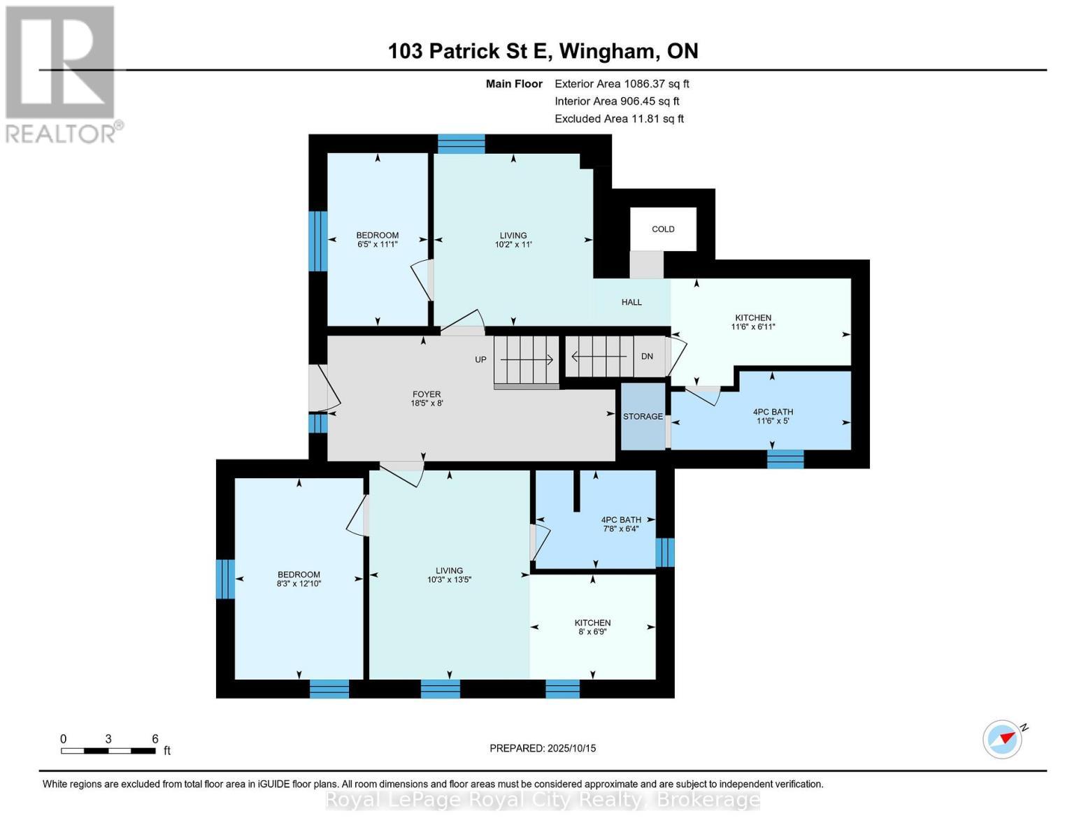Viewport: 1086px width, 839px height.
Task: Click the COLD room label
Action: point(663,229)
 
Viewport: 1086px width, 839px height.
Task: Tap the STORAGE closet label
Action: point(643,417)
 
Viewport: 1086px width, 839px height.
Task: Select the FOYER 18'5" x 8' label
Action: point(427,399)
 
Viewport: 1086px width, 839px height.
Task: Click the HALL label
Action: point(631,302)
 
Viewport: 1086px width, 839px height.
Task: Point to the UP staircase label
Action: point(480,360)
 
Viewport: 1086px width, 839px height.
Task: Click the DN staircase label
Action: point(647,357)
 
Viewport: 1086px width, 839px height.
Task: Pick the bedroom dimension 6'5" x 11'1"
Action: point(378,245)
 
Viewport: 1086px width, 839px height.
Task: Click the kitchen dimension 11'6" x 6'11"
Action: point(753,327)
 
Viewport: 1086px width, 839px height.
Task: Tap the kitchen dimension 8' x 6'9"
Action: point(592,631)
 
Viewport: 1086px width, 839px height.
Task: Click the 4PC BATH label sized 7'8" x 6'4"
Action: point(621,524)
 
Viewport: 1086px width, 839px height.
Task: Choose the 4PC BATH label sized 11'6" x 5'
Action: point(773,416)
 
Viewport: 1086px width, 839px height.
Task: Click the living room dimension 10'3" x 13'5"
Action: point(449,580)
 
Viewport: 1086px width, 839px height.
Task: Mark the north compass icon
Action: point(1003,738)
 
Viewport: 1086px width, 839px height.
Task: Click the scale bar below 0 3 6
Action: point(108,751)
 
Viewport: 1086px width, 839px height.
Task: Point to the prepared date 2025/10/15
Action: point(543,748)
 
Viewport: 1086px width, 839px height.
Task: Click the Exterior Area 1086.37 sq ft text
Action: point(622,84)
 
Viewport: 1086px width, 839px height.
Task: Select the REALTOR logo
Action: point(62,73)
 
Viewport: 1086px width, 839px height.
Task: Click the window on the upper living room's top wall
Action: point(461,143)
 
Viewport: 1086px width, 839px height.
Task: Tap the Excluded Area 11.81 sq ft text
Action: point(619,119)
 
